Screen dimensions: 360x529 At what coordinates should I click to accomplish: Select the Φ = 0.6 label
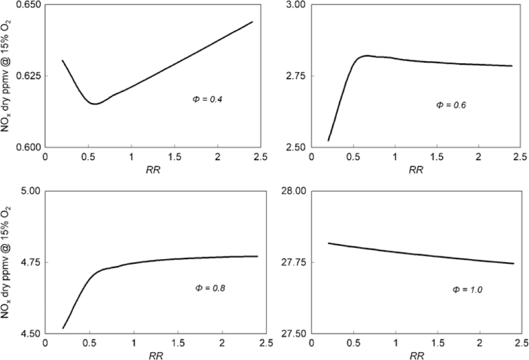tap(451, 105)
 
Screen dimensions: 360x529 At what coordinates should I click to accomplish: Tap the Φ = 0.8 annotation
tap(210, 288)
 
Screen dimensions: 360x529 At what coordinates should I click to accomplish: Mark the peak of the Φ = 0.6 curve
tap(368, 55)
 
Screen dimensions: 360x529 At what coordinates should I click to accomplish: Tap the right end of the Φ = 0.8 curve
tap(257, 256)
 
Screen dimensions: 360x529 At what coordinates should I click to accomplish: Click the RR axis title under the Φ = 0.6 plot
tap(415, 170)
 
